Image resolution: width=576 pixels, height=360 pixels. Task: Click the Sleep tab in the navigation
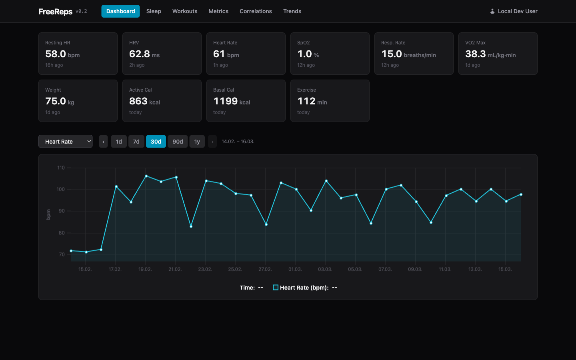pos(154,11)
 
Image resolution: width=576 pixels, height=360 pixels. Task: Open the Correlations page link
pos(256,11)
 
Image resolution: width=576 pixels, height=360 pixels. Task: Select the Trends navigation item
pos(292,11)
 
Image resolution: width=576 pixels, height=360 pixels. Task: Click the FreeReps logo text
pos(55,12)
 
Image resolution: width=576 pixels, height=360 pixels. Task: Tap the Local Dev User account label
pos(517,11)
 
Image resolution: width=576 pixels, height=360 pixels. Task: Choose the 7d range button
pos(136,142)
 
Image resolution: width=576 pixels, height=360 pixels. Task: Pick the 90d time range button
pos(178,142)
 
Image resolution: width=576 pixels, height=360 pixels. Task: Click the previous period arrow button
pos(103,142)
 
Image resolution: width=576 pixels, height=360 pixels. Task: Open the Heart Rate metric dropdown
pos(66,142)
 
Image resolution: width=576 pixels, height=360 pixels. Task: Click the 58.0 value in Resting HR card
pos(56,54)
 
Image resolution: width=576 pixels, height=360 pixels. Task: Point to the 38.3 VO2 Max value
pos(475,54)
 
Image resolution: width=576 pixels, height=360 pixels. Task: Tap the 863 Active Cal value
pos(138,101)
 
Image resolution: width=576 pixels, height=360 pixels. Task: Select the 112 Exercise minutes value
pos(306,101)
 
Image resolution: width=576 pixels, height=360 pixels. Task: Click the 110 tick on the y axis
pos(61,168)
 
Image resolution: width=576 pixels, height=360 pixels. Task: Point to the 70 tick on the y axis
pos(62,254)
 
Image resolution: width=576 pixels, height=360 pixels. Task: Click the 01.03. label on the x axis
pos(295,269)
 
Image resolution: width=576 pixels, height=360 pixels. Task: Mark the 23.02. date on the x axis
pos(205,269)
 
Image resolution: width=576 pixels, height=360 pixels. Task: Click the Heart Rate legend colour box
pos(276,288)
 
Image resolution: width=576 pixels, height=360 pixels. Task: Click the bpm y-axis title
pos(48,214)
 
